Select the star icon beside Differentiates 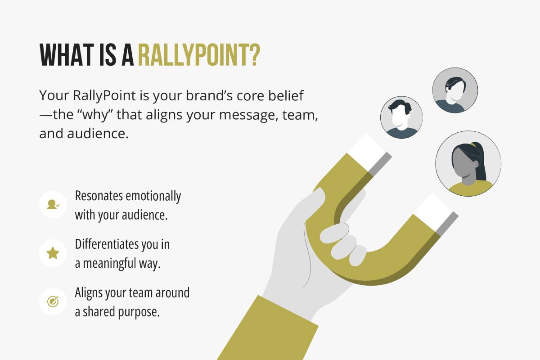tap(53, 253)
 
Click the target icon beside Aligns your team tap(53, 301)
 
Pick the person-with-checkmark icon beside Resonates tap(53, 205)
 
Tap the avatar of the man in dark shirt tap(401, 117)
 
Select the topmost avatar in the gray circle tap(454, 90)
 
